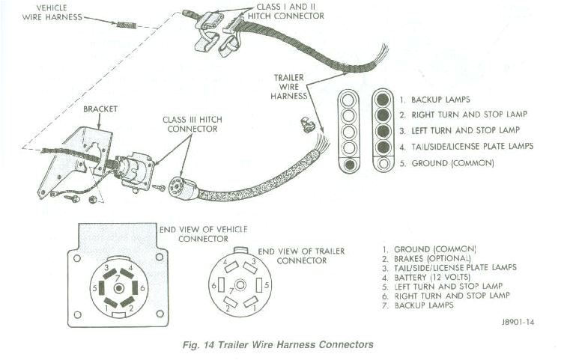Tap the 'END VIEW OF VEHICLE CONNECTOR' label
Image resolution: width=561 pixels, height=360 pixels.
pos(202,234)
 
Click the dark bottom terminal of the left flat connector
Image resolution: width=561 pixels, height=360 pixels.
pos(350,164)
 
